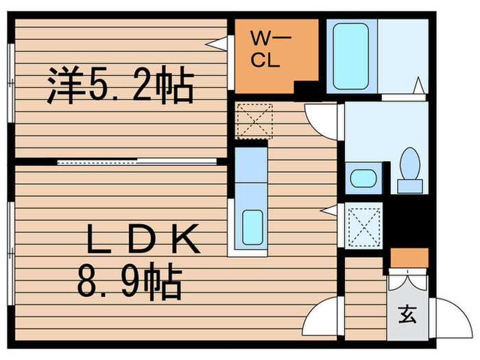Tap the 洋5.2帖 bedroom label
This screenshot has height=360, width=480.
[x=121, y=85]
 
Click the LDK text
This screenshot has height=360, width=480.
[x=143, y=239]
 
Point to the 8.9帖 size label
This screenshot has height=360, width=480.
[x=130, y=280]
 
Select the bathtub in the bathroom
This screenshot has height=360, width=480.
[x=350, y=56]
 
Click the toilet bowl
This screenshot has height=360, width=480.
[x=410, y=163]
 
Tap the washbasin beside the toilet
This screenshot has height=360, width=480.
[x=363, y=178]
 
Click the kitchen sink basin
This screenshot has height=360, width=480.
[x=252, y=228]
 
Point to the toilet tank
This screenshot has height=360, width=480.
[x=410, y=186]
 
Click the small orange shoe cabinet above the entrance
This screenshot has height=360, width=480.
[x=409, y=258]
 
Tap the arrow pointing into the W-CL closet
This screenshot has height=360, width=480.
[x=217, y=44]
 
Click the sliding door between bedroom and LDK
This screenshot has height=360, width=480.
[x=137, y=162]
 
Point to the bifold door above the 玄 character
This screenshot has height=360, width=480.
[x=407, y=279]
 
